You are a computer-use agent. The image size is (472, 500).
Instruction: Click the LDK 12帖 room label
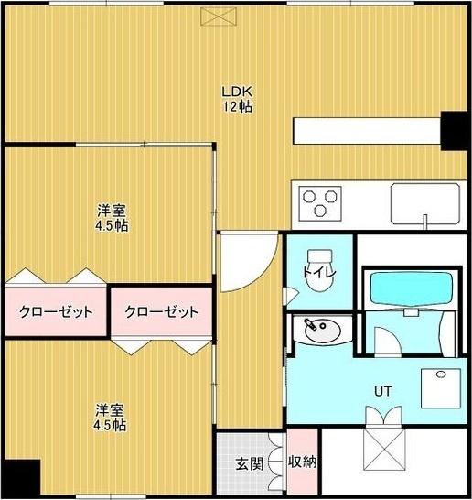pos(241,99)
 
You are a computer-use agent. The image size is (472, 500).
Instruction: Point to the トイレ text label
pos(319,273)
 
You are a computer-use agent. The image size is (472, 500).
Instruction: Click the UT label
pos(383,390)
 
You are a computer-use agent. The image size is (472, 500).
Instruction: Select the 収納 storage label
pos(302,462)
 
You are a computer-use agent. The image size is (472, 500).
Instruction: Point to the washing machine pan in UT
pos(440,386)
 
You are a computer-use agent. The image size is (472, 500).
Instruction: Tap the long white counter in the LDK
pos(366,130)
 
